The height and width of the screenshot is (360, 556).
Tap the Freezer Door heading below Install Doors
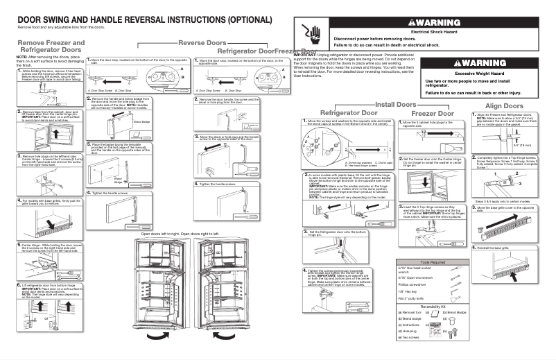point(433,112)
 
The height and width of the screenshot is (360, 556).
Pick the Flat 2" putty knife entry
point(415,298)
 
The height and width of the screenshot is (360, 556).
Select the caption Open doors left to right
point(164,234)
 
